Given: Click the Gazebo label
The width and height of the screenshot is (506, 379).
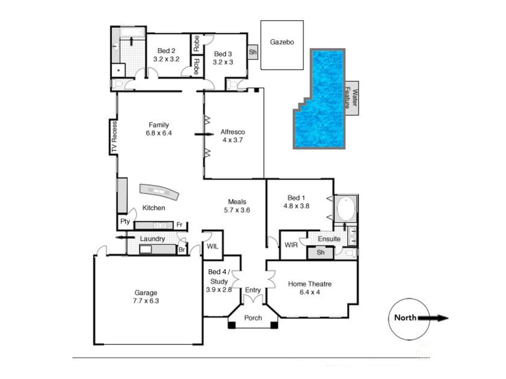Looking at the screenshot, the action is (x=282, y=42).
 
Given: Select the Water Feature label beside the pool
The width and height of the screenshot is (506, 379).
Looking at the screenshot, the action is (x=351, y=98).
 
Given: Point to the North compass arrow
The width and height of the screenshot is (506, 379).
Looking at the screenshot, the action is (x=433, y=318).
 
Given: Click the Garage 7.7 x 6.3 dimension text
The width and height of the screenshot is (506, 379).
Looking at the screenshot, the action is (x=146, y=301).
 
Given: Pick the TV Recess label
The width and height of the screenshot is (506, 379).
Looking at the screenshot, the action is (x=114, y=137).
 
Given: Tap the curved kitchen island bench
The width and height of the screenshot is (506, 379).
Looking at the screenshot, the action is (x=159, y=192).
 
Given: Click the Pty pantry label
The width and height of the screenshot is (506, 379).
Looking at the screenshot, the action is (x=125, y=221).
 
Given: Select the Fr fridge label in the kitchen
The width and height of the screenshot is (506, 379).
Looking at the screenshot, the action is (x=180, y=225).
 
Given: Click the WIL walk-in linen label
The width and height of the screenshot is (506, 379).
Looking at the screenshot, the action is (x=213, y=246).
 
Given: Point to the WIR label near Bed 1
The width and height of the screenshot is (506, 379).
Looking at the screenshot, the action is (x=291, y=245).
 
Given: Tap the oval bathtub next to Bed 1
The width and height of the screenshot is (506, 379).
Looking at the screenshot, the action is (x=346, y=208).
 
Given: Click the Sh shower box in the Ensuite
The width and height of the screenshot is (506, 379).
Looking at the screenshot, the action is (x=320, y=252).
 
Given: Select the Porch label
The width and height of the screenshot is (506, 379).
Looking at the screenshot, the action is (x=253, y=318).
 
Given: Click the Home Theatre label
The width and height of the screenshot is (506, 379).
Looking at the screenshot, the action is (x=310, y=284).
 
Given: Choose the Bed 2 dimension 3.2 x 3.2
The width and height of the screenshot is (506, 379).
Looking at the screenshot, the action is (x=166, y=59).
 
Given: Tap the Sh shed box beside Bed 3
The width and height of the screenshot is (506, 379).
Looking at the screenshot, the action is (x=252, y=52).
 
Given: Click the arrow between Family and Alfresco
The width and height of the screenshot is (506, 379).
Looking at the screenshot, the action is (x=204, y=134).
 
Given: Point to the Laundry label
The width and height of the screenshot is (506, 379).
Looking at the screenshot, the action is (x=152, y=239).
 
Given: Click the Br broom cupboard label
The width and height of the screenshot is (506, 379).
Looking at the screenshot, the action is (x=182, y=250).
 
